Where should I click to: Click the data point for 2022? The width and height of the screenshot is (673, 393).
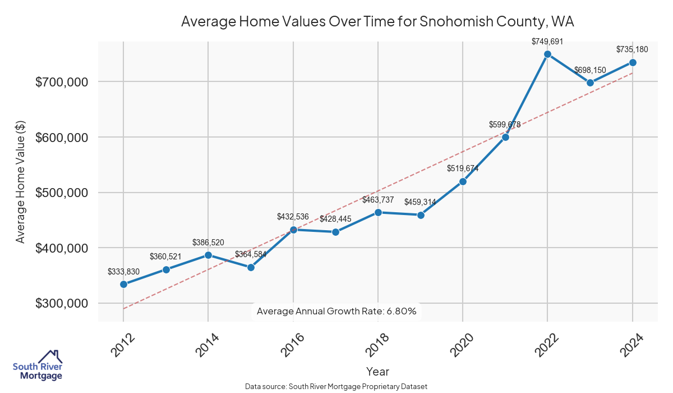(x=547, y=54)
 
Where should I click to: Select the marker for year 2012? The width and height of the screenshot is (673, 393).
(x=123, y=284)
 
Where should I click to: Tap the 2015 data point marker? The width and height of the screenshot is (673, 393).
(x=251, y=267)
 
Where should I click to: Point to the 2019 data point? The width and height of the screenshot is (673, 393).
(x=421, y=215)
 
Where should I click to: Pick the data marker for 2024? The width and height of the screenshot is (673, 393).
(x=633, y=62)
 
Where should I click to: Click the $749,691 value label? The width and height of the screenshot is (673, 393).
(x=547, y=41)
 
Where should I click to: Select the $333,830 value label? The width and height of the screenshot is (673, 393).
(x=123, y=272)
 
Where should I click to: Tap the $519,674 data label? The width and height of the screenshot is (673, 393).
(x=463, y=168)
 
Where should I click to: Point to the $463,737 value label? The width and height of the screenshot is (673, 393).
(x=378, y=200)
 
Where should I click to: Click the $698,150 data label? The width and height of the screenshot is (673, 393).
(x=590, y=70)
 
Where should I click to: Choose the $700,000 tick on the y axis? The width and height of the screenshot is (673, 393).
(x=62, y=82)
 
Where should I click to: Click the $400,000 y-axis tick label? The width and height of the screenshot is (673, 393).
(x=62, y=248)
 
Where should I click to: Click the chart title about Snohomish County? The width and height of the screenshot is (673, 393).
(x=377, y=22)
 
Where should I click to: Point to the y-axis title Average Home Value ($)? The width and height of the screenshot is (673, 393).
(x=21, y=186)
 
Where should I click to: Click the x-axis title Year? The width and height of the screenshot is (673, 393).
(x=377, y=371)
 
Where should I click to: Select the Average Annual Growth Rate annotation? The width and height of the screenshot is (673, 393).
(x=336, y=311)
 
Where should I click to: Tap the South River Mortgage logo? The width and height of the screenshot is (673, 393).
(x=38, y=365)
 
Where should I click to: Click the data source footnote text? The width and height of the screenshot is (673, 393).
(x=336, y=386)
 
